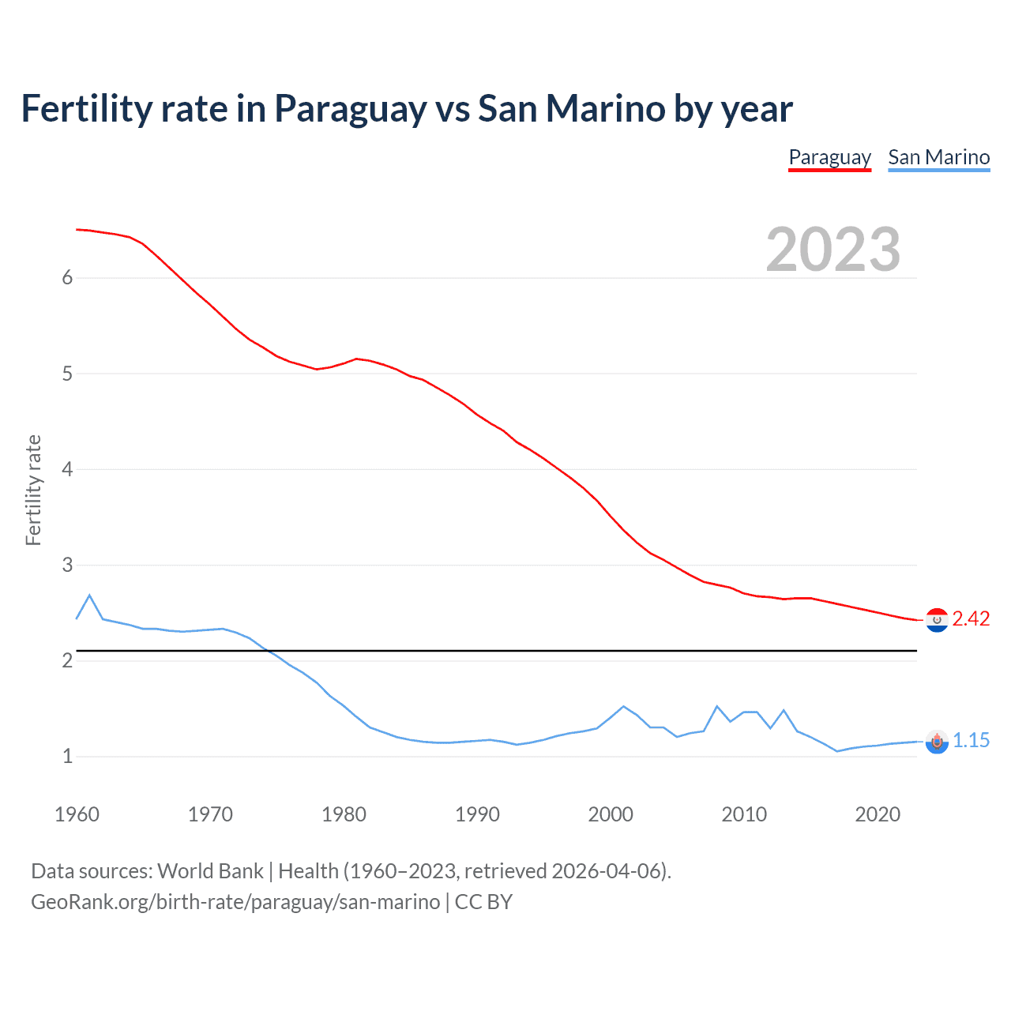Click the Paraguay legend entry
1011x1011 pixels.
(x=829, y=157)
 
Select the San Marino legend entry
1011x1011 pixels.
(x=938, y=157)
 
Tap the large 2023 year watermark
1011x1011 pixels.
(x=832, y=250)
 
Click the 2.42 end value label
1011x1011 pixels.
(x=971, y=618)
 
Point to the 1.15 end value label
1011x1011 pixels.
(x=971, y=740)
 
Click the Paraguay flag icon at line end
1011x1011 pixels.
(x=937, y=620)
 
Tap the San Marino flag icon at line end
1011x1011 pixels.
(x=937, y=742)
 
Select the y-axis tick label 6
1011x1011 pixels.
(x=67, y=278)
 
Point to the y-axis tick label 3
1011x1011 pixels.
(x=67, y=565)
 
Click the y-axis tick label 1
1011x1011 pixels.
(x=67, y=757)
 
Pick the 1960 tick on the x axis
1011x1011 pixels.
(x=77, y=814)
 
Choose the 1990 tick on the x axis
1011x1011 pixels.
(x=477, y=814)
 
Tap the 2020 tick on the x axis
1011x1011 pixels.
(x=878, y=814)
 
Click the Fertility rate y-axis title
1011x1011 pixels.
(x=33, y=490)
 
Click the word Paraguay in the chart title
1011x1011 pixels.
(x=350, y=109)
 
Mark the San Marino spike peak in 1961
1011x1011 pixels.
(x=89, y=595)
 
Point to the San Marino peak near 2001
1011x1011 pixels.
(x=623, y=706)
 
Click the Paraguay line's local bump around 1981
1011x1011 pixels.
(x=356, y=359)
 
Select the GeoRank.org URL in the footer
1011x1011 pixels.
(x=235, y=902)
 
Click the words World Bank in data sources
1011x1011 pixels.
(x=210, y=871)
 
